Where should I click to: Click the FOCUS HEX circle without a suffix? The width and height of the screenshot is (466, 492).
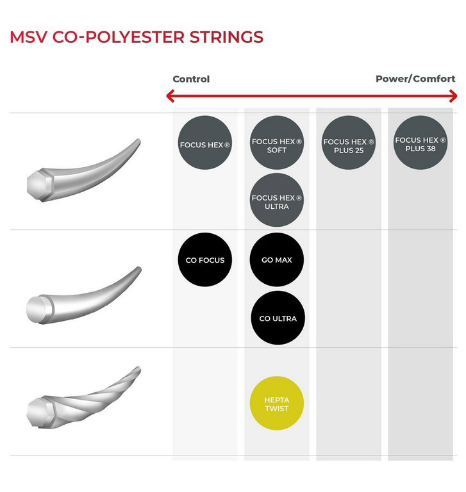tap(204, 143)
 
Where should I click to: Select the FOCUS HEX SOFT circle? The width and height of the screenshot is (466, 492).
tap(277, 143)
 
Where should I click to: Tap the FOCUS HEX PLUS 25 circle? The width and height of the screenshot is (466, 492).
tap(349, 143)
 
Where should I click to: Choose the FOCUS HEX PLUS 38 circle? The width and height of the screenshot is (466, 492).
tap(420, 143)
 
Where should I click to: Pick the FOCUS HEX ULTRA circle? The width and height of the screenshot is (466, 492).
tap(277, 200)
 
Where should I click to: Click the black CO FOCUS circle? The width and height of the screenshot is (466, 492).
tap(204, 259)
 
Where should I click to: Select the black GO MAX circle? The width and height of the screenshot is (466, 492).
tap(277, 259)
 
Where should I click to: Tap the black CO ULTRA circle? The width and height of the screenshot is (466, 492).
tap(278, 318)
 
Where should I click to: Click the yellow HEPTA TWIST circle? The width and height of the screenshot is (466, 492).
tap(277, 403)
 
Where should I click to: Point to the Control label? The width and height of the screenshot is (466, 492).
tap(191, 79)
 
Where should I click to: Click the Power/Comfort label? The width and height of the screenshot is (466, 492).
tap(415, 78)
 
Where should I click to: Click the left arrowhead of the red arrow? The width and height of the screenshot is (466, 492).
tap(170, 96)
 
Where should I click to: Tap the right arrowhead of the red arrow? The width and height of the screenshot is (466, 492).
tap(453, 96)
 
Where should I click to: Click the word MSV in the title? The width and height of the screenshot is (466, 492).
tap(29, 37)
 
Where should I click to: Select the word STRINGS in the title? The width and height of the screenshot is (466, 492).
tap(226, 37)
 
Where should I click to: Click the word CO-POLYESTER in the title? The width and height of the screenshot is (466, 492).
tap(118, 37)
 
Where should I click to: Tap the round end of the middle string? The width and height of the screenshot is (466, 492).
tap(37, 309)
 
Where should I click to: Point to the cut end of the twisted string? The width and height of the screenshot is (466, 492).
tap(38, 412)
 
